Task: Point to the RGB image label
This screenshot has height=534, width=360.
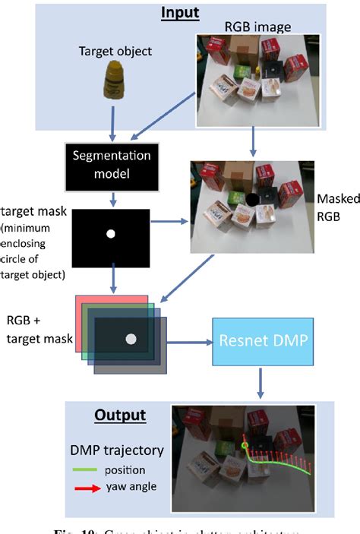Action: tap(254, 28)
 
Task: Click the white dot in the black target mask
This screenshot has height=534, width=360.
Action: tap(111, 233)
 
